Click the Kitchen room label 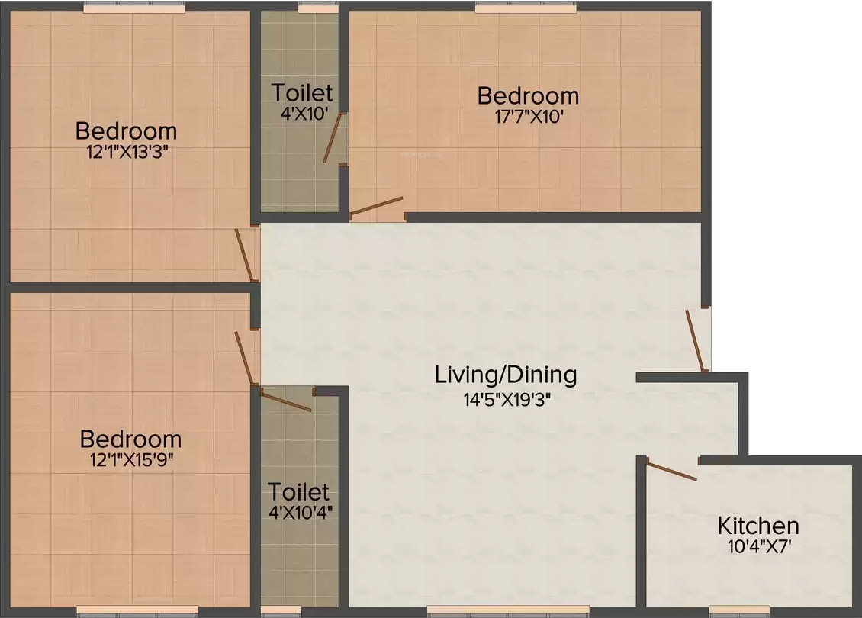pyautogui.click(x=758, y=526)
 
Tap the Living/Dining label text pyautogui.click(x=506, y=375)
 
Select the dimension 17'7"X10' pyautogui.click(x=529, y=117)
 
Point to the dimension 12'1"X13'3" pyautogui.click(x=127, y=152)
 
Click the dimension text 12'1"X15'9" pyautogui.click(x=131, y=459)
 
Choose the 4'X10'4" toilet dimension pyautogui.click(x=300, y=513)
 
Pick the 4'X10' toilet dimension pyautogui.click(x=304, y=114)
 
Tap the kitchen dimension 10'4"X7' pyautogui.click(x=759, y=546)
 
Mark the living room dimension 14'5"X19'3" pyautogui.click(x=507, y=399)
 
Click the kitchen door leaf pyautogui.click(x=672, y=472)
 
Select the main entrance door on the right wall pyautogui.click(x=694, y=341)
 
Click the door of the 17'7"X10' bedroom pyautogui.click(x=377, y=206)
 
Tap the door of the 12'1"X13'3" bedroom pyautogui.click(x=244, y=255)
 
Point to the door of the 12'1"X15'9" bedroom pyautogui.click(x=244, y=358)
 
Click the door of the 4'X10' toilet pyautogui.click(x=332, y=137)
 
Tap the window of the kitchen pyautogui.click(x=739, y=610)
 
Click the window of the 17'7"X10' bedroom pyautogui.click(x=526, y=8)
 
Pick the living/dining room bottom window pyautogui.click(x=509, y=610)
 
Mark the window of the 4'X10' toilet pyautogui.click(x=318, y=8)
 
